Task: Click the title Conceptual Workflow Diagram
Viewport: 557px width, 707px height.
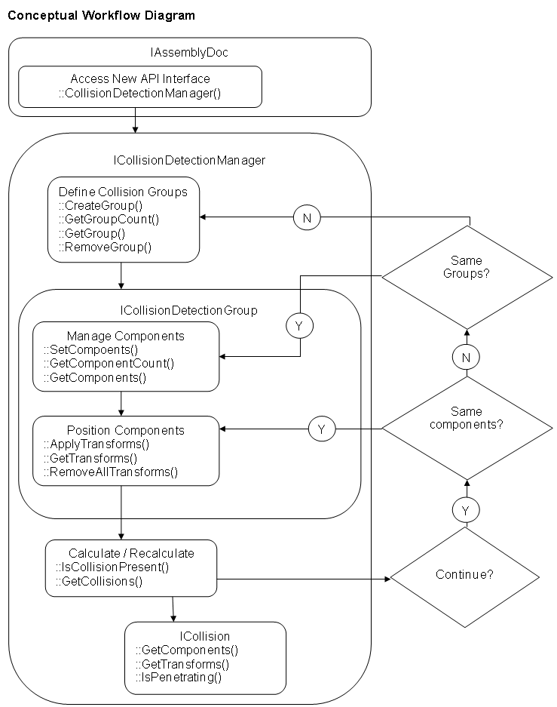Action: click(x=101, y=16)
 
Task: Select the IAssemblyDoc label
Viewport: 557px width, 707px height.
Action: click(x=189, y=52)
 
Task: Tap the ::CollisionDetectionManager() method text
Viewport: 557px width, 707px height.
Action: click(x=139, y=94)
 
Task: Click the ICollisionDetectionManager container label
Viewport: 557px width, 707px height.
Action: click(x=189, y=160)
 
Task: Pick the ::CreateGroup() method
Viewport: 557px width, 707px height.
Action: click(x=100, y=205)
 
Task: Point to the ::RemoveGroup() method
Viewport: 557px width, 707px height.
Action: click(x=105, y=247)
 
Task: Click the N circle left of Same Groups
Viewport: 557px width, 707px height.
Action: click(x=307, y=218)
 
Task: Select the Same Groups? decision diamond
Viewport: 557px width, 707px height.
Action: click(x=467, y=278)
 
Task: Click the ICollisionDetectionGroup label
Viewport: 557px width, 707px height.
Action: click(x=188, y=310)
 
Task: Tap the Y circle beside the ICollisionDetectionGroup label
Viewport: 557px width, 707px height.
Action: click(x=299, y=325)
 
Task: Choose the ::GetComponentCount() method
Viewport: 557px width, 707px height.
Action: click(x=109, y=364)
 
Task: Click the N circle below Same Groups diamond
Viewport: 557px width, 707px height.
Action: click(x=467, y=358)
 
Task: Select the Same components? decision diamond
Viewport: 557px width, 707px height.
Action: click(x=467, y=428)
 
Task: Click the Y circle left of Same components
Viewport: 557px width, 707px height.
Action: click(x=322, y=429)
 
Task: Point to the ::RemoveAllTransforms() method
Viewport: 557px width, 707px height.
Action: click(x=111, y=472)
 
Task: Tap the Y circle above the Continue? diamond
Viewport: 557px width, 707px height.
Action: click(x=467, y=510)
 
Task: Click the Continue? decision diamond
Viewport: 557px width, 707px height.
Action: click(x=465, y=577)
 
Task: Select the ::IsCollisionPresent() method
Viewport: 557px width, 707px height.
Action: click(x=112, y=567)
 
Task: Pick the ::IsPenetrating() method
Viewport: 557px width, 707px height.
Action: click(x=179, y=678)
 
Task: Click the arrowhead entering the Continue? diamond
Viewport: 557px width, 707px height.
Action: click(x=387, y=579)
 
